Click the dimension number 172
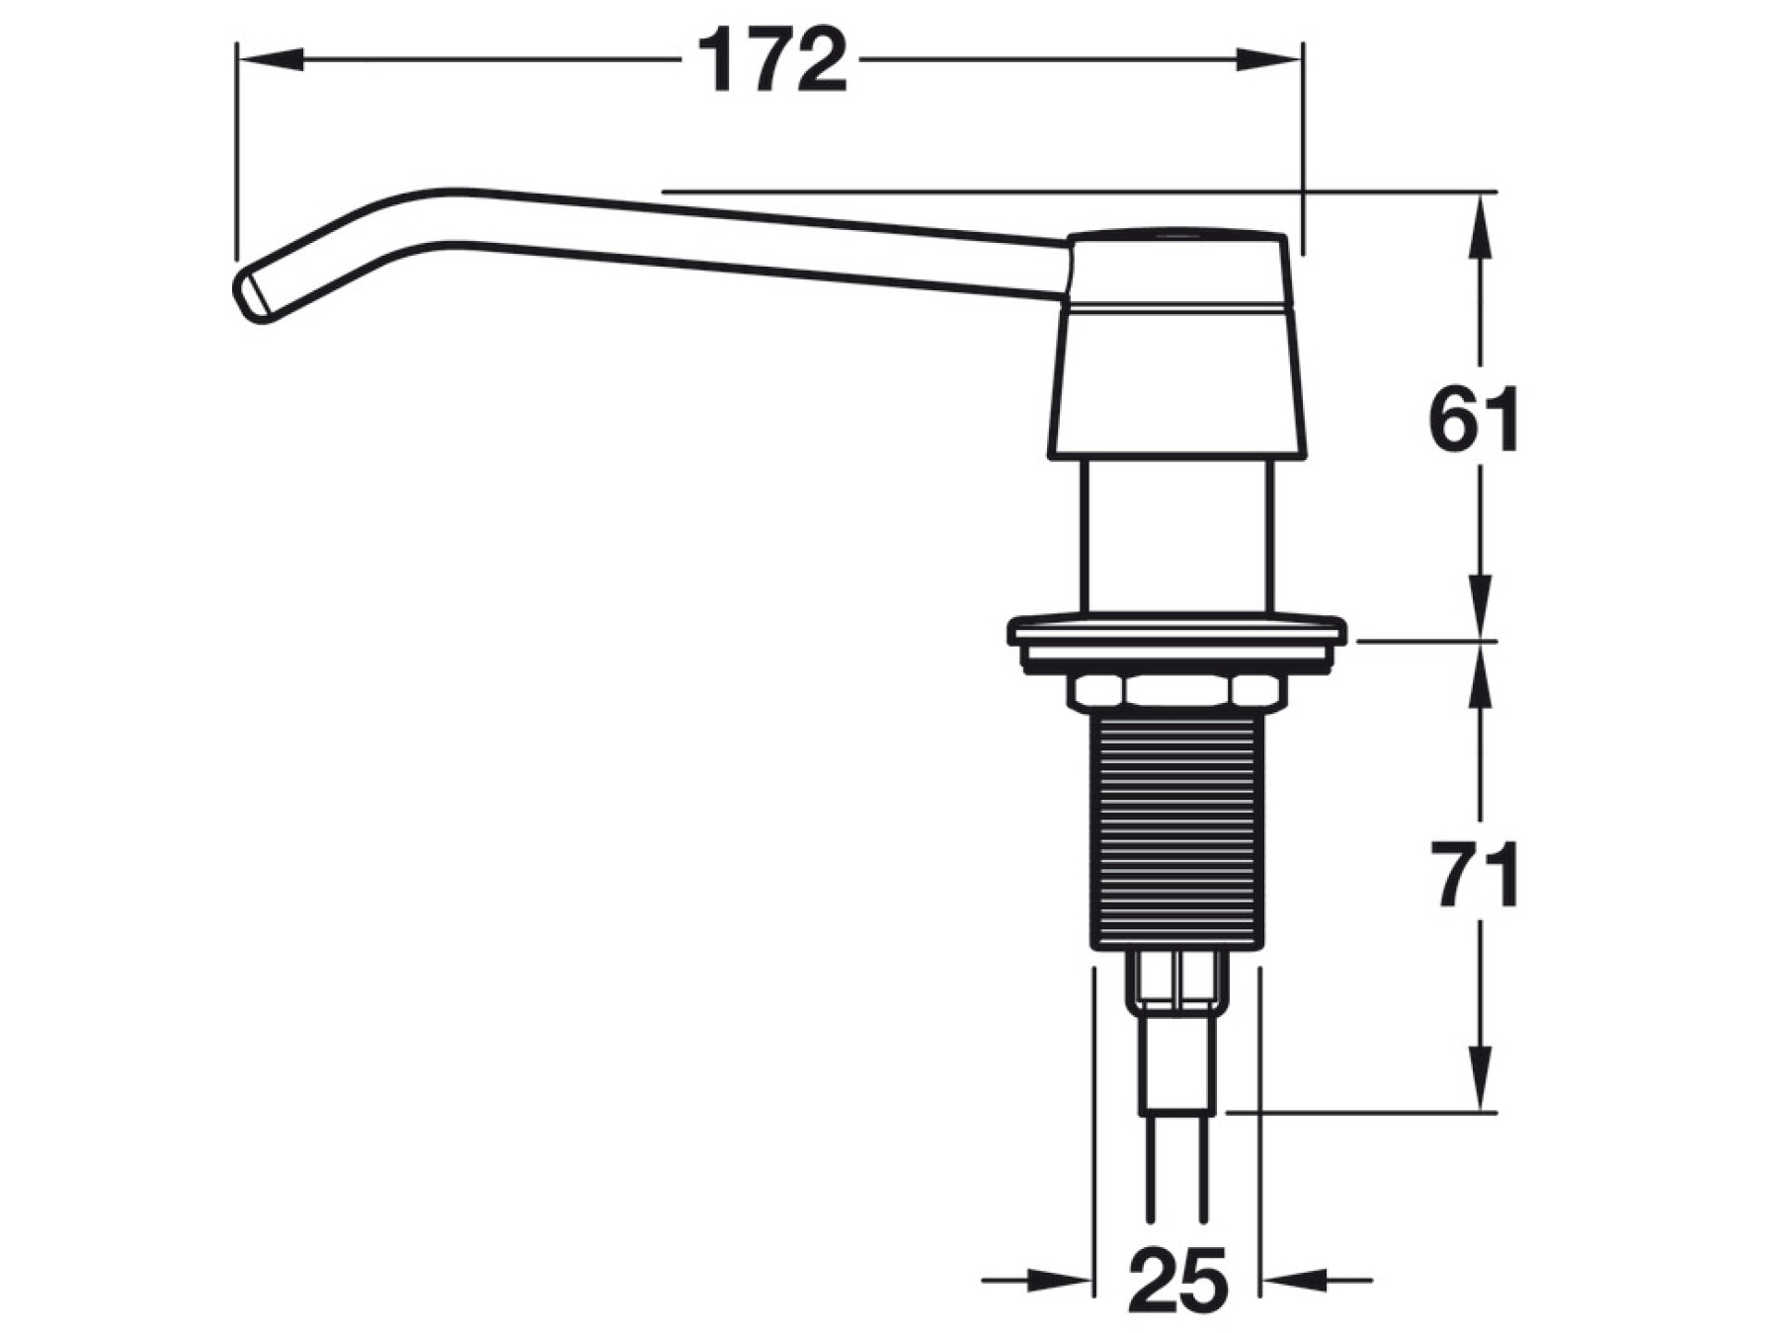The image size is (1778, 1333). [x=772, y=61]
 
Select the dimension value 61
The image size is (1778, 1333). [x=1475, y=420]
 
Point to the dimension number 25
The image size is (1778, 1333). [x=1178, y=1280]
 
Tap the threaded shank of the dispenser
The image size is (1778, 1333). [x=1177, y=831]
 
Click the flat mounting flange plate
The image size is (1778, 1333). [x=1176, y=642]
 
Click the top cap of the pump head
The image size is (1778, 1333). [x=1177, y=271]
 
